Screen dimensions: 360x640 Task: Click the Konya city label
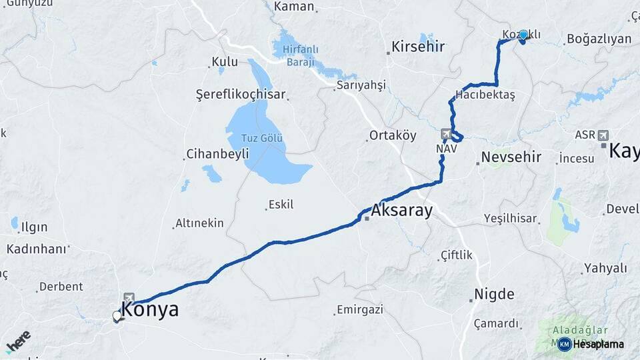[x=151, y=310]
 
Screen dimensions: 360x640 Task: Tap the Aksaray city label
[x=401, y=211]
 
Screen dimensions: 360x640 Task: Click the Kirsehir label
[x=418, y=47]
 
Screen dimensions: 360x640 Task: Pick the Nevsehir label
[x=511, y=157]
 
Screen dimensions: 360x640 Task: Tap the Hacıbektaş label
[x=485, y=95]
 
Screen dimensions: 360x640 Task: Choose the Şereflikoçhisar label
[x=241, y=94]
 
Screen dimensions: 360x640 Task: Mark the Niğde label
[x=494, y=294]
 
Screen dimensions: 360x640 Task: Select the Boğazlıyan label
[x=599, y=39]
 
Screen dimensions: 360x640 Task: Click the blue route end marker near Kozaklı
[x=523, y=35]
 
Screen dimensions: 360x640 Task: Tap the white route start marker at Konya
[x=117, y=315]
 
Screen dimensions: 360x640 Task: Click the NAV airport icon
[x=445, y=134]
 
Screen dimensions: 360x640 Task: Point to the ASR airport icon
[x=603, y=135]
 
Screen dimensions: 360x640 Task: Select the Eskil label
[x=281, y=205]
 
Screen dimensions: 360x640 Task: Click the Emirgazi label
[x=360, y=310]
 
